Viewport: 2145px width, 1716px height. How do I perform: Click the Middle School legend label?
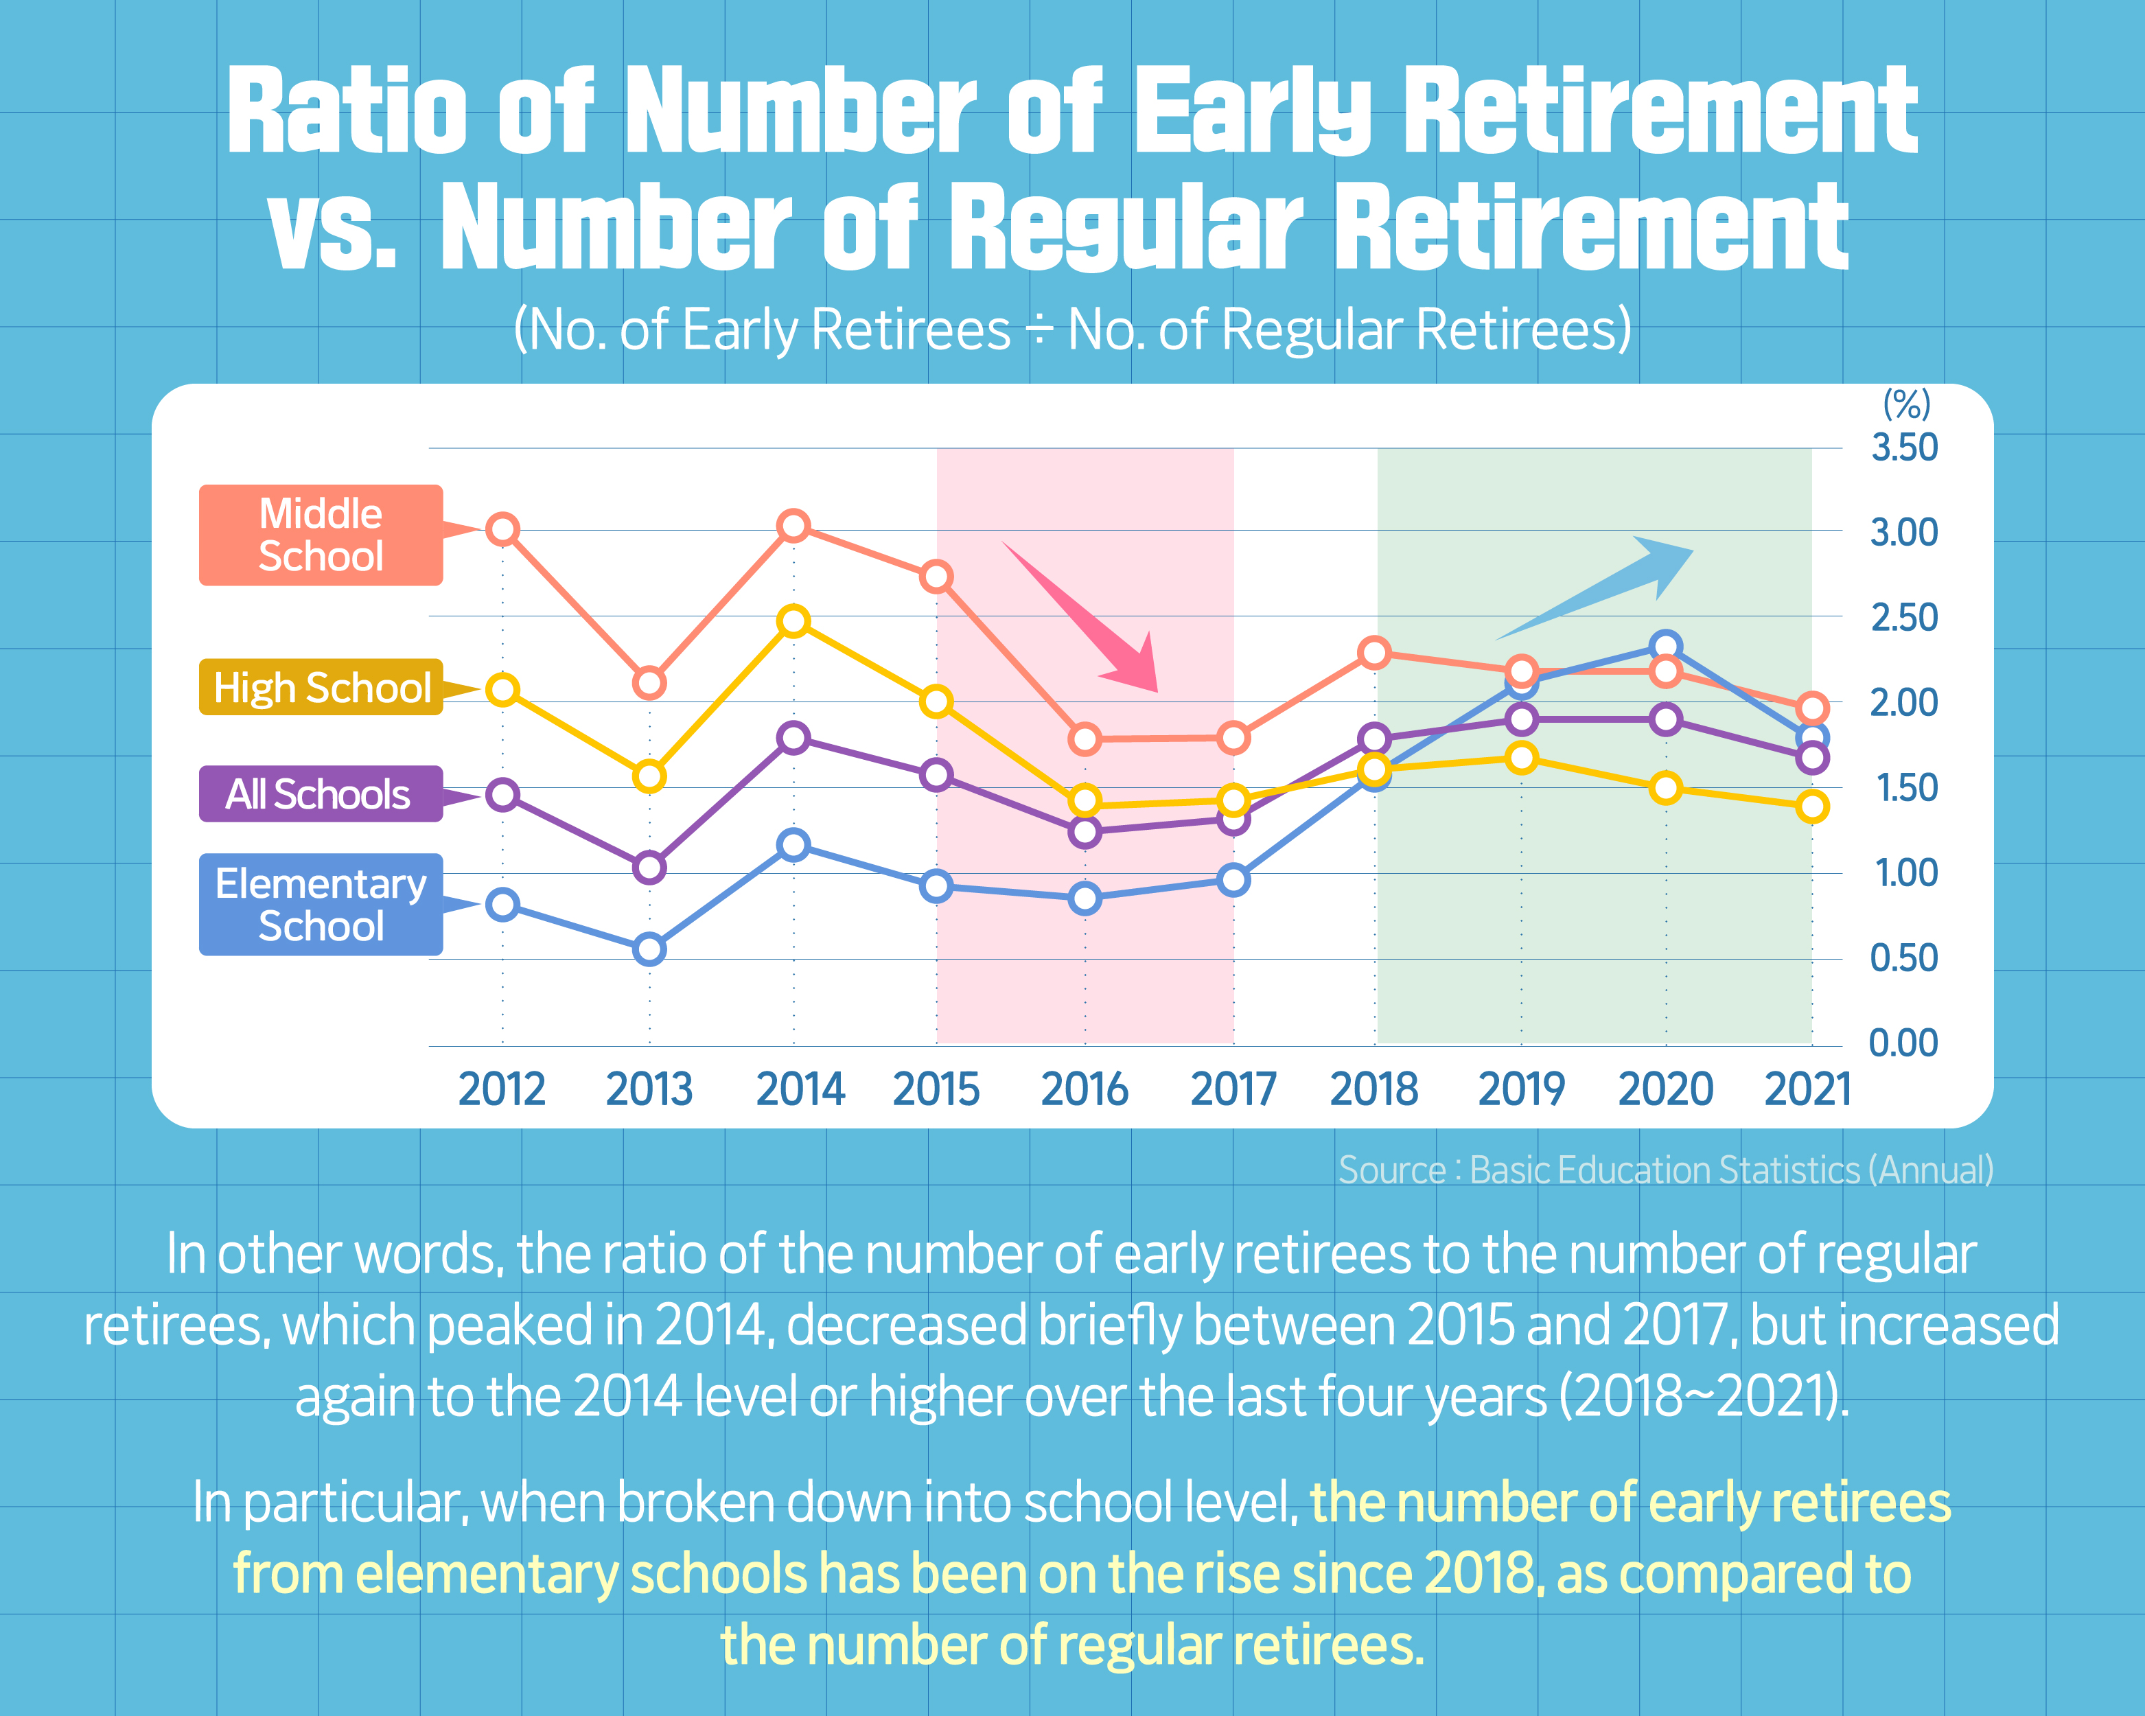pos(321,535)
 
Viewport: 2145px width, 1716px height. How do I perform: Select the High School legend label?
pos(321,687)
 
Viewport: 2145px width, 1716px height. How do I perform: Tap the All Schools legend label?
pos(318,794)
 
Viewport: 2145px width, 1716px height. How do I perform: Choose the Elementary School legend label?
pos(321,904)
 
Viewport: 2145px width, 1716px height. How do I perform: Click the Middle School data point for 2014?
pos(793,525)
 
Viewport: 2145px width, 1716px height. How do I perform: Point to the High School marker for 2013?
pos(649,776)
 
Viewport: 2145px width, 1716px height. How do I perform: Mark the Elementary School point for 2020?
pos(1665,647)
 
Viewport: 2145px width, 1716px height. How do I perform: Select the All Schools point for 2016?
pos(1085,832)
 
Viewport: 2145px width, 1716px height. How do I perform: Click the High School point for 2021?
pos(1811,807)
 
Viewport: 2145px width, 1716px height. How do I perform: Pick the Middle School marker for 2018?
pos(1375,653)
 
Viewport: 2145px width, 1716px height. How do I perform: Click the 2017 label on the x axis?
pos(1233,1089)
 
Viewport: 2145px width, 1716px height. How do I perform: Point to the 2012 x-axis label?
pos(502,1089)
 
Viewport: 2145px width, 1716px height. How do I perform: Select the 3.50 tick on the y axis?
pos(1903,448)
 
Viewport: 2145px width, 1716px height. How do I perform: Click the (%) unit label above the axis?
pos(1906,404)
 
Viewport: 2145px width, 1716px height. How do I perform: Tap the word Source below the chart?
pos(1391,1170)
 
